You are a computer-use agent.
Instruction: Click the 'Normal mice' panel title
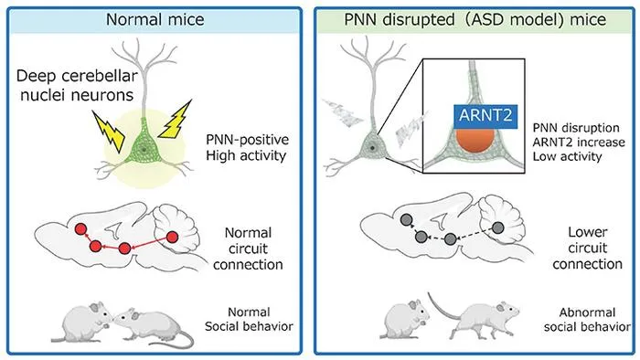(155, 19)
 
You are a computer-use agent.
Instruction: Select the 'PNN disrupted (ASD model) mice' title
(475, 19)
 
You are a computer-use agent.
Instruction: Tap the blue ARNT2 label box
(485, 116)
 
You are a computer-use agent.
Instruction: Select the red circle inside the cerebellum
(172, 237)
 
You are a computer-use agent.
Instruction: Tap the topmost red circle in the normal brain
(80, 229)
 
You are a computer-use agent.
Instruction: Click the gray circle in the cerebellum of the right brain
(498, 228)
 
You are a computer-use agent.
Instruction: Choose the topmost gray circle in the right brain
(407, 220)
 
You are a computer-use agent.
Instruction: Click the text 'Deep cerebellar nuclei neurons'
(77, 86)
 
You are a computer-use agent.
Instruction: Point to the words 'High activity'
(246, 155)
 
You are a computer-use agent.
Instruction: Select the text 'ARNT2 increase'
(579, 143)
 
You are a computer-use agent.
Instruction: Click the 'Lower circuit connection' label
(587, 248)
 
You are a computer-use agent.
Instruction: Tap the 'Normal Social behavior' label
(249, 319)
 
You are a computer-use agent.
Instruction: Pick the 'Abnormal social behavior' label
(587, 320)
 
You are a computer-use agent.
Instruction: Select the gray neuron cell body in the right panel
(372, 148)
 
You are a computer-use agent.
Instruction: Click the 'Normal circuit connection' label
(248, 249)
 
